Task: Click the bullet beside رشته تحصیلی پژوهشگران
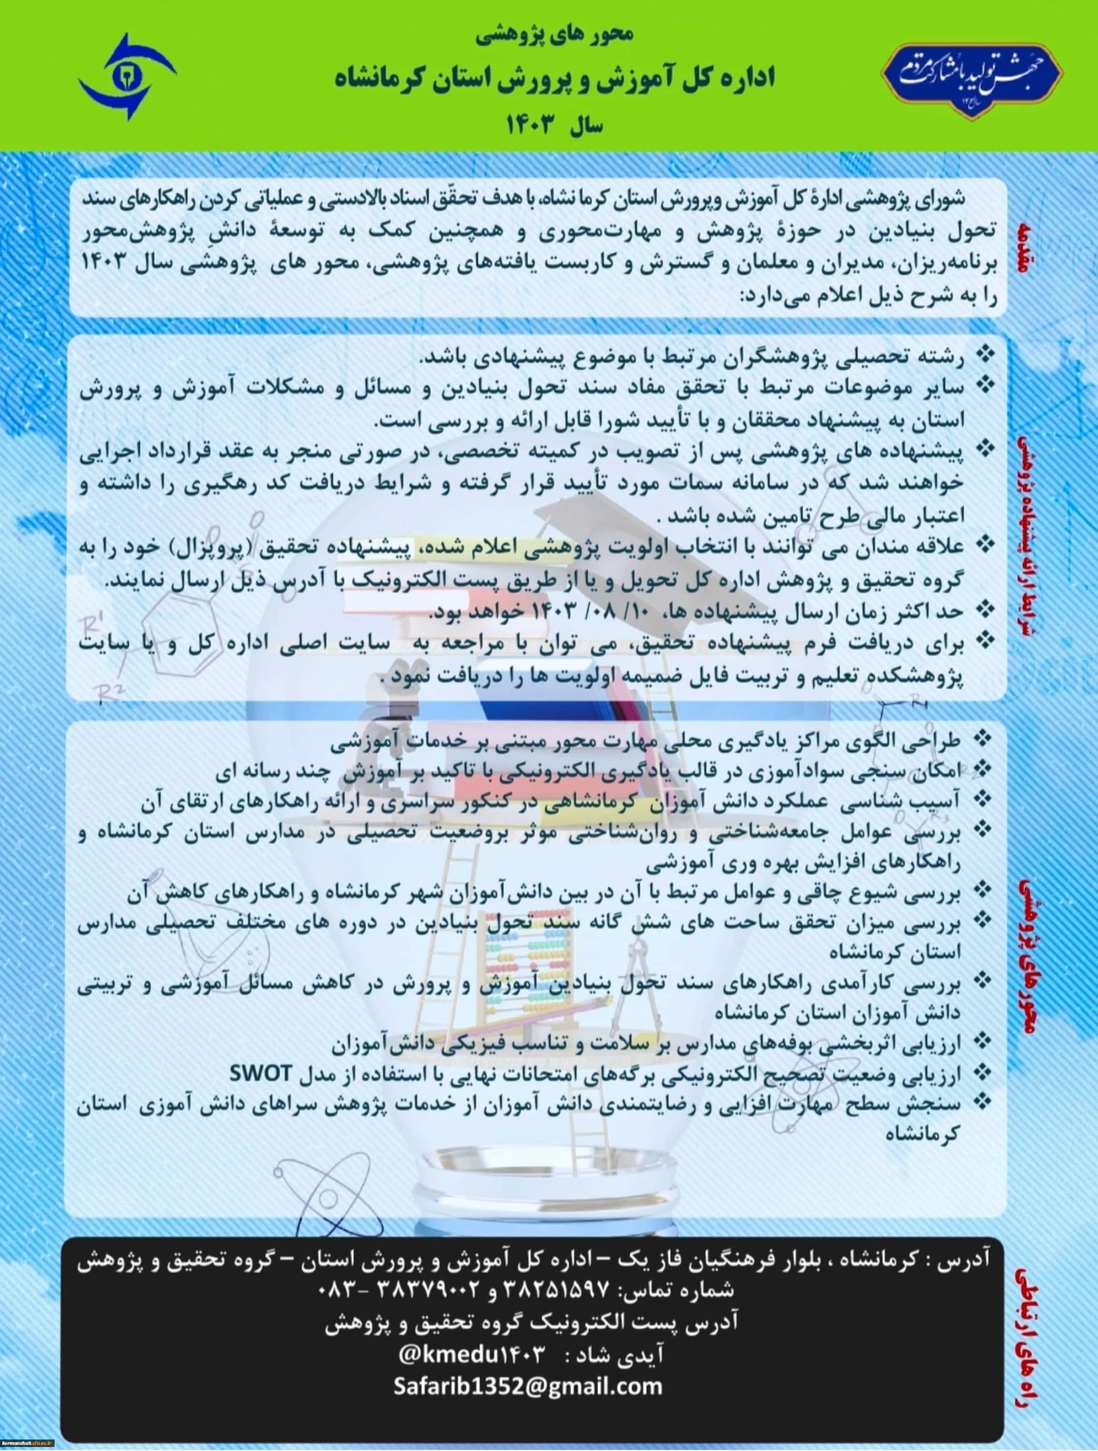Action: coord(983,356)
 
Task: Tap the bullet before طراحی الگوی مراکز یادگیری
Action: coord(983,740)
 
